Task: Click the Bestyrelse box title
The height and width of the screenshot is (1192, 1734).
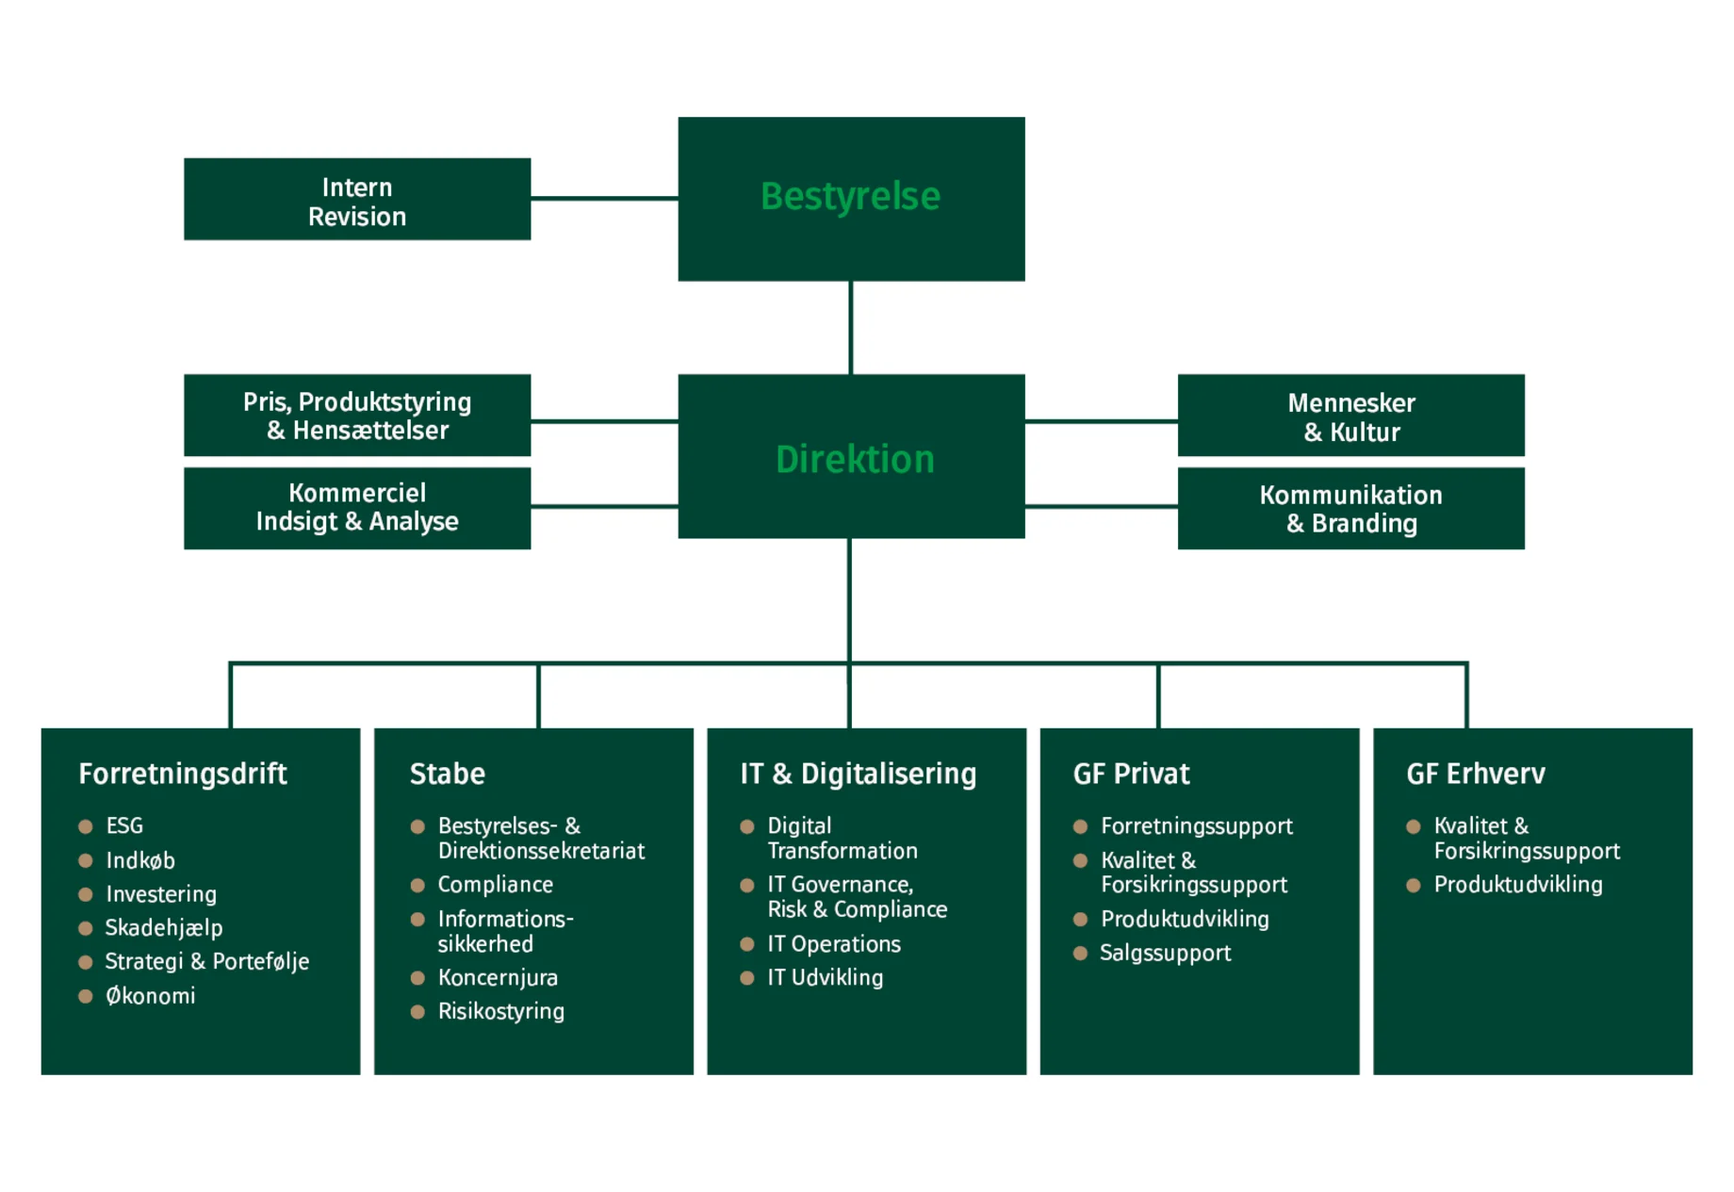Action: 850,197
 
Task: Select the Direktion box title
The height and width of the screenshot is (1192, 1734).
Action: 854,459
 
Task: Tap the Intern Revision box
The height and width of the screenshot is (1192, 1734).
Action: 357,201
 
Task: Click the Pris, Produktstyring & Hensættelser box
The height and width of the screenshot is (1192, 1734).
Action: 357,416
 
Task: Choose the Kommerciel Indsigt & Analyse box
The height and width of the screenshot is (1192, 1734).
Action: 357,507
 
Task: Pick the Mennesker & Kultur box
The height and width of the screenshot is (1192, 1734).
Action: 1350,416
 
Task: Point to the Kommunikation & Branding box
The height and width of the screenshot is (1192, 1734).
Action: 1350,508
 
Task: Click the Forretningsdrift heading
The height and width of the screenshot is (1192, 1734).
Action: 183,774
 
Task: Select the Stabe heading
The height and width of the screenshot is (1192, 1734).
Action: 447,774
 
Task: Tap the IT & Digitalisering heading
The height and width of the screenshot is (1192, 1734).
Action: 858,774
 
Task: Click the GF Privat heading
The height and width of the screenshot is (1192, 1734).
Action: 1131,774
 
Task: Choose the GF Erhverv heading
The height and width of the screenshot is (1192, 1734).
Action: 1475,774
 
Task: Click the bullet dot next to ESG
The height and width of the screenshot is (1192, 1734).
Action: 86,826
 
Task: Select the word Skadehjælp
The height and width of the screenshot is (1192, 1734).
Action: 164,928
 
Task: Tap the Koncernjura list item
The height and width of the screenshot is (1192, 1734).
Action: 498,978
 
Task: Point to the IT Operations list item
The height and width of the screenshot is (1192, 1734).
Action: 834,944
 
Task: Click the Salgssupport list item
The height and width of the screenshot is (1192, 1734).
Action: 1165,953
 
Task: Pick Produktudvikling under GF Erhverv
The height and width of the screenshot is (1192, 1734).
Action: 1517,885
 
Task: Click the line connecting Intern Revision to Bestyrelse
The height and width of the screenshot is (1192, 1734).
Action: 604,198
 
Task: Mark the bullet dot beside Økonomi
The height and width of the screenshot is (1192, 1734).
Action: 86,996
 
